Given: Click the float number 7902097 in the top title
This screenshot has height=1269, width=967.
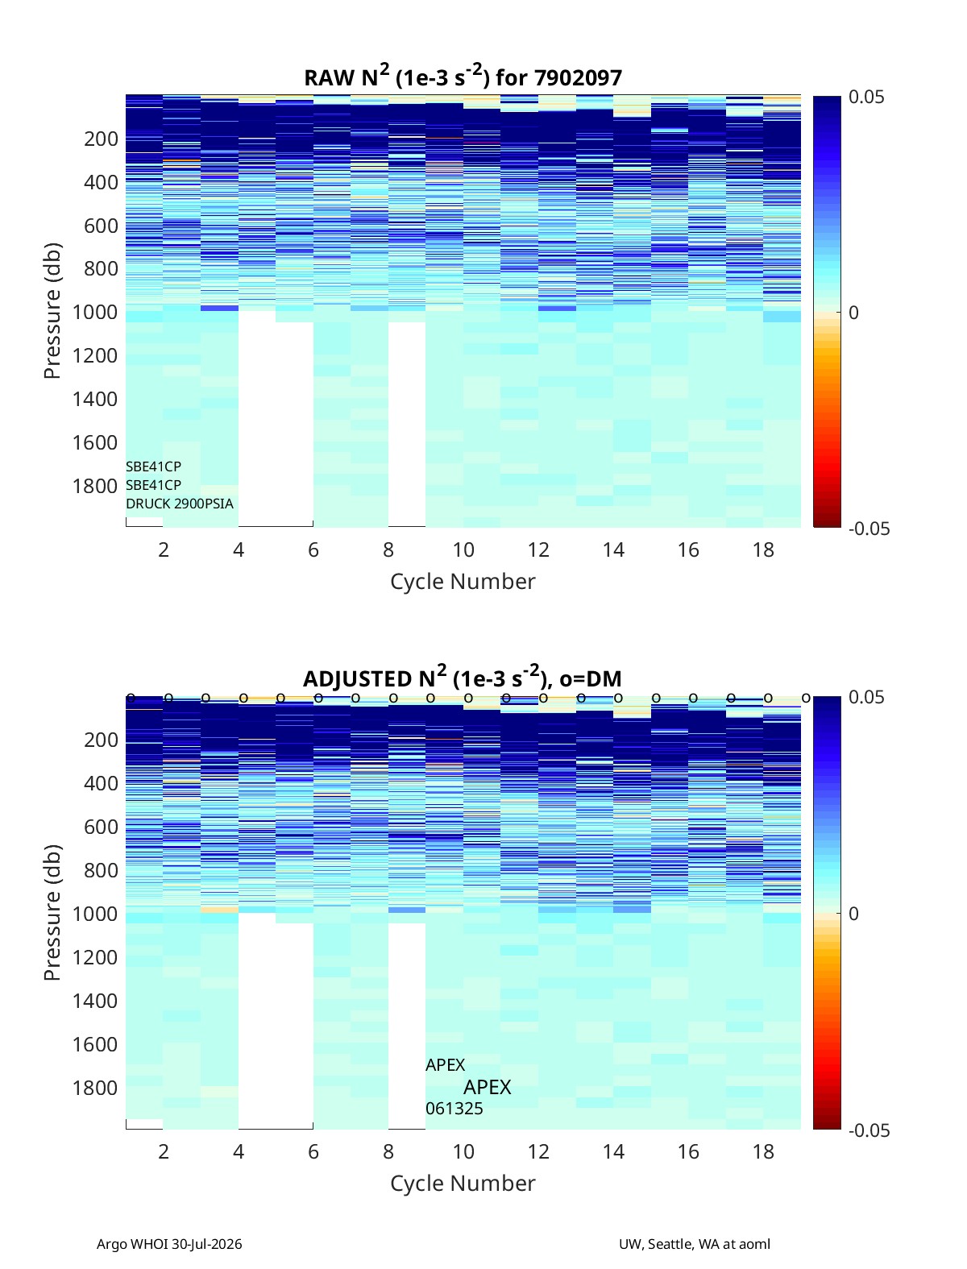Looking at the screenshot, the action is [x=578, y=78].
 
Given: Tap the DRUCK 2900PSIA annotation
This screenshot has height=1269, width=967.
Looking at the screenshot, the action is [x=180, y=504].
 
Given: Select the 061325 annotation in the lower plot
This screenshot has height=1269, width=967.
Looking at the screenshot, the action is [x=454, y=1109].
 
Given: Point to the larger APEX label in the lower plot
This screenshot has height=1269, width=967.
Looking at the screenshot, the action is [x=488, y=1087].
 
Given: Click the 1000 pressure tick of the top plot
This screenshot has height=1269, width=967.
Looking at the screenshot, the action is [x=95, y=312].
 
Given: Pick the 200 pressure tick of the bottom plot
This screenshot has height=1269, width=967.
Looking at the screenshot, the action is [x=102, y=740].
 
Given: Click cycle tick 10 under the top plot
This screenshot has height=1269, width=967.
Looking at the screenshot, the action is [x=463, y=549].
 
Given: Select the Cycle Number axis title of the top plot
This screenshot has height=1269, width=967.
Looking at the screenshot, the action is [x=463, y=582].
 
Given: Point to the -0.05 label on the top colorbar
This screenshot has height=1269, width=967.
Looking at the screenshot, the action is [x=869, y=529].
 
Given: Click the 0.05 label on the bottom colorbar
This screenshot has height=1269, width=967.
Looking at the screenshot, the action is [x=866, y=697].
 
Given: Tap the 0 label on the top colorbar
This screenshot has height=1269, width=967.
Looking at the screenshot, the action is [x=853, y=313].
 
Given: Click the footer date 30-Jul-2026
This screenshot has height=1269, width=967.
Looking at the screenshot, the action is [x=207, y=1244].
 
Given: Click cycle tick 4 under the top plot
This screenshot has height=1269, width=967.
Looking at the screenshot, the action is [x=239, y=549].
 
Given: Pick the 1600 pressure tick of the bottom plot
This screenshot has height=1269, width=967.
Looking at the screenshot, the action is [x=95, y=1044].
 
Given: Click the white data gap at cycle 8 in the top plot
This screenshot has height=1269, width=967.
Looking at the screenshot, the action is [x=407, y=424].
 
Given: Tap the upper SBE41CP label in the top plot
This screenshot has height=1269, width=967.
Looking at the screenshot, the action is [x=154, y=466].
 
